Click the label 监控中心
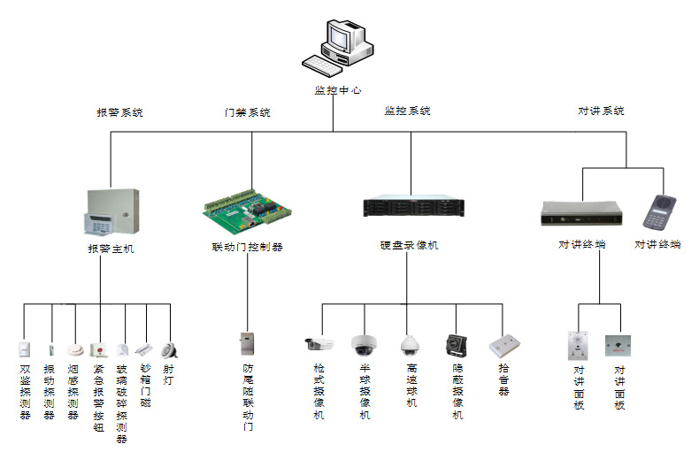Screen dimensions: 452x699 (337, 90)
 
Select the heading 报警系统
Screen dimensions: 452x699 (119, 113)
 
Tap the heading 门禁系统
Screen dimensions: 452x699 (247, 113)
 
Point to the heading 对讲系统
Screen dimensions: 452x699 (601, 111)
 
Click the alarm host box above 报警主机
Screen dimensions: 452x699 (112, 212)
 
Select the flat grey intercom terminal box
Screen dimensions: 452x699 (582, 213)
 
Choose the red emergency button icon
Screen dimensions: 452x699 (99, 348)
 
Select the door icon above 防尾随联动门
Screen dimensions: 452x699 (247, 343)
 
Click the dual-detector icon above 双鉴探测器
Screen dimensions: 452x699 (24, 349)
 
